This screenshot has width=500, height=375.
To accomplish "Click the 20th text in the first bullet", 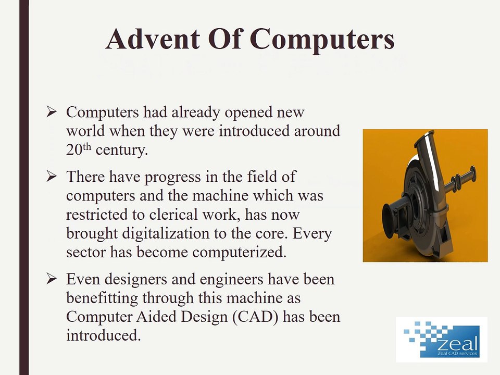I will point(79,149).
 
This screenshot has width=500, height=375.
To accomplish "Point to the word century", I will point(119,150).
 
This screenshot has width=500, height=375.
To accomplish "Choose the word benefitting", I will point(101,298).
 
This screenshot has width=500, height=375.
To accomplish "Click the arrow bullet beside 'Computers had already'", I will point(51,111).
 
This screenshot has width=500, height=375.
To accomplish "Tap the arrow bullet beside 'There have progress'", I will point(51,177).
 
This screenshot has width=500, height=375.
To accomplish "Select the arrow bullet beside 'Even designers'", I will point(51,279).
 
